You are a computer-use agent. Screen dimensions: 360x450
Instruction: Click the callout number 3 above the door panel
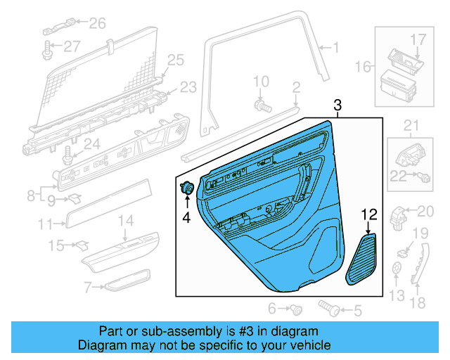coord(337,105)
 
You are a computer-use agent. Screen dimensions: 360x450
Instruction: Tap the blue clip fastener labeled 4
coord(188,188)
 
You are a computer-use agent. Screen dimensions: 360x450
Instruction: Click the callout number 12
coord(370,214)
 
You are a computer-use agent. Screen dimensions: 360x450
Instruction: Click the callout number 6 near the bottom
coord(271,308)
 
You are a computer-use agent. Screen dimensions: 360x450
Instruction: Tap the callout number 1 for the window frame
coord(335,48)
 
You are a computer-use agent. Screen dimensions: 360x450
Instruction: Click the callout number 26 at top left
coord(97,24)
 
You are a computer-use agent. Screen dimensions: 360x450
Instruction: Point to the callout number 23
coord(188,87)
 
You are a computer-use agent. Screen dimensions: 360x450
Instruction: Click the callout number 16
coord(363,67)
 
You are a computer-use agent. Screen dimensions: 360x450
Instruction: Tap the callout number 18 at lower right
coord(418,303)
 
